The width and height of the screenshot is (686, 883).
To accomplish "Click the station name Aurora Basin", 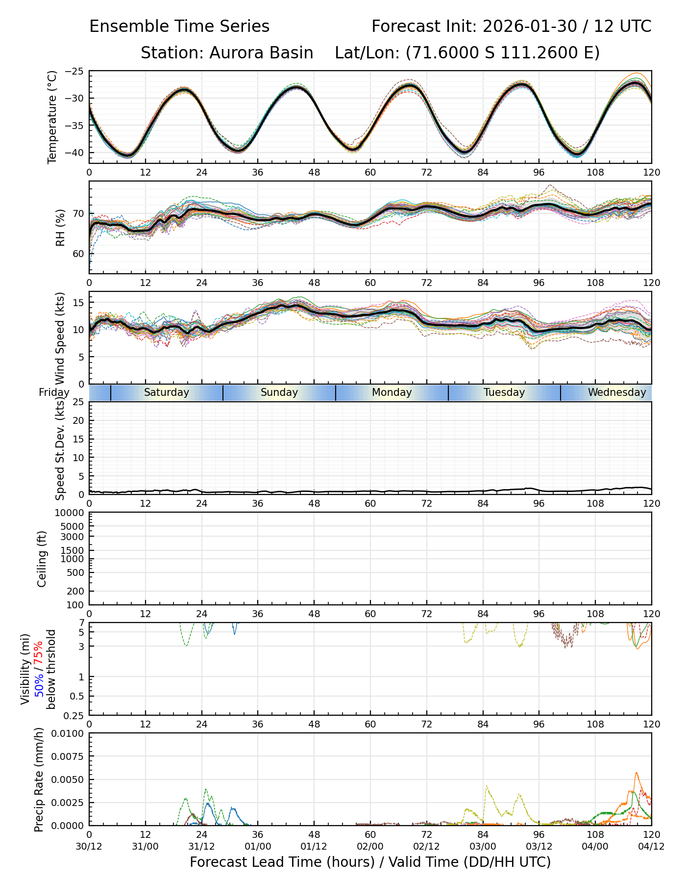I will click(x=261, y=53).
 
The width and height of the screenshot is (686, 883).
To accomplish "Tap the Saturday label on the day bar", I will click(x=167, y=392).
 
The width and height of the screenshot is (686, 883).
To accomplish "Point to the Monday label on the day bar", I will click(x=392, y=392).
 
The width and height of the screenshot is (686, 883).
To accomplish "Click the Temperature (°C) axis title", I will click(x=52, y=117).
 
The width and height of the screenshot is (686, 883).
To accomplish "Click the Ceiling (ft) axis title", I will click(x=42, y=559).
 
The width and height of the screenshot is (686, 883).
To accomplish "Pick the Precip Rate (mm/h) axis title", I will click(x=39, y=779).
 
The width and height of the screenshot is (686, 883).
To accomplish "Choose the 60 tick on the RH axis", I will click(x=78, y=254).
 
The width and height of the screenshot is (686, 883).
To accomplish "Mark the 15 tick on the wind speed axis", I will click(x=78, y=303).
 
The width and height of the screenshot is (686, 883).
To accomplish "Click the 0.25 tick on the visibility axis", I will click(x=75, y=715).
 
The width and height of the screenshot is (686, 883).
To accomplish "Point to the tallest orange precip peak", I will click(x=637, y=773).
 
